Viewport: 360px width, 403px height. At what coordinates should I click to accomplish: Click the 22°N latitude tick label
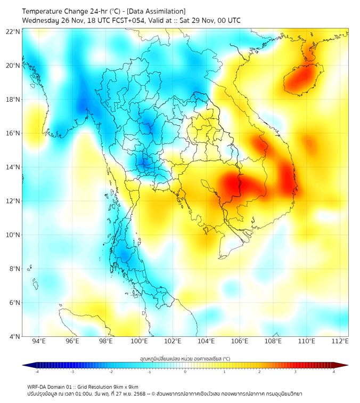pos(13,32)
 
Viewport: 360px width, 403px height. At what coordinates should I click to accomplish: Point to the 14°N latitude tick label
pos(13,167)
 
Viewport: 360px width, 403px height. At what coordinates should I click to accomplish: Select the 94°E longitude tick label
pos(39,341)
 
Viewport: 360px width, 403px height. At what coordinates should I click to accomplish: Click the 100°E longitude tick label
pos(140,341)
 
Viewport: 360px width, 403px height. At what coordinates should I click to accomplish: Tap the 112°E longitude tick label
pos(340,341)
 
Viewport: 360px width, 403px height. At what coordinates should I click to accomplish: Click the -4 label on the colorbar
pos(36,371)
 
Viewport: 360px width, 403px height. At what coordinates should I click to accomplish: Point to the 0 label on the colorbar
pos(185,371)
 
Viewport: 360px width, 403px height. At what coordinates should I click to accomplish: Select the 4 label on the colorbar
pos(334,371)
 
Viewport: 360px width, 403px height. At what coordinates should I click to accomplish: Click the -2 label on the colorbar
pos(111,371)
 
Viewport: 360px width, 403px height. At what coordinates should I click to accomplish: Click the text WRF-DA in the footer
pos(38,386)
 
